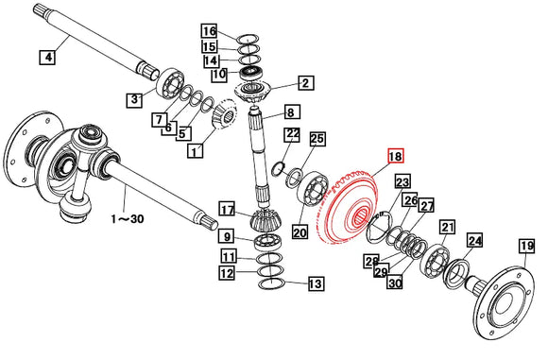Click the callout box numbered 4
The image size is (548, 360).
(46, 58)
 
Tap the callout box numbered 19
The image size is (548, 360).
(526, 248)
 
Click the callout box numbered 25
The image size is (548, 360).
(317, 139)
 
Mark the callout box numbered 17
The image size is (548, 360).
(227, 208)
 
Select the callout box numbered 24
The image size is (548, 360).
(473, 241)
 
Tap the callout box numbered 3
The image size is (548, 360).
(135, 97)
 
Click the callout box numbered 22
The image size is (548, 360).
(292, 134)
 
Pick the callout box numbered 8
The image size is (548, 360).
(292, 112)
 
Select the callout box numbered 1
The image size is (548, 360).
(196, 150)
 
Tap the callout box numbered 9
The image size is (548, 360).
(228, 236)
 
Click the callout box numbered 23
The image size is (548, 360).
(402, 182)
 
